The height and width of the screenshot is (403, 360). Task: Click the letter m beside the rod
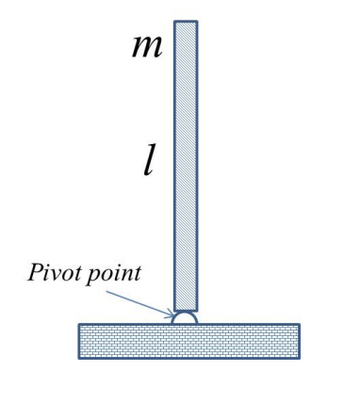tap(146, 46)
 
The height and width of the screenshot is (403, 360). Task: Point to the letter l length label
tap(148, 160)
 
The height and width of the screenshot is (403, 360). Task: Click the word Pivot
tap(51, 274)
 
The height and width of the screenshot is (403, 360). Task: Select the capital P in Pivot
tap(35, 273)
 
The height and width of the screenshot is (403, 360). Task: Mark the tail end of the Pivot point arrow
tap(106, 291)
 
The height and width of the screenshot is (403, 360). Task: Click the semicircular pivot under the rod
tap(185, 318)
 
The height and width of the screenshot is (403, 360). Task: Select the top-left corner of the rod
tap(175, 23)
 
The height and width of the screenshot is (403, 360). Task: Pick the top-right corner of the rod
tap(196, 23)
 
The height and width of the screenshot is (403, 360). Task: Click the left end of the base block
tap(80, 341)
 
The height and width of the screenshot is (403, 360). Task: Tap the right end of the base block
tap(298, 341)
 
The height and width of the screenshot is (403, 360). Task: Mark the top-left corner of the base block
tap(79, 326)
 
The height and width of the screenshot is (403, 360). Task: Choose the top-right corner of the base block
tap(299, 326)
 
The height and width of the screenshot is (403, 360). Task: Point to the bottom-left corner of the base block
tap(79, 357)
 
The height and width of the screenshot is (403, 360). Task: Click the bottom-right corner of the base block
tap(299, 357)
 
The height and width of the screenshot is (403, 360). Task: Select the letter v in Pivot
tap(57, 275)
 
